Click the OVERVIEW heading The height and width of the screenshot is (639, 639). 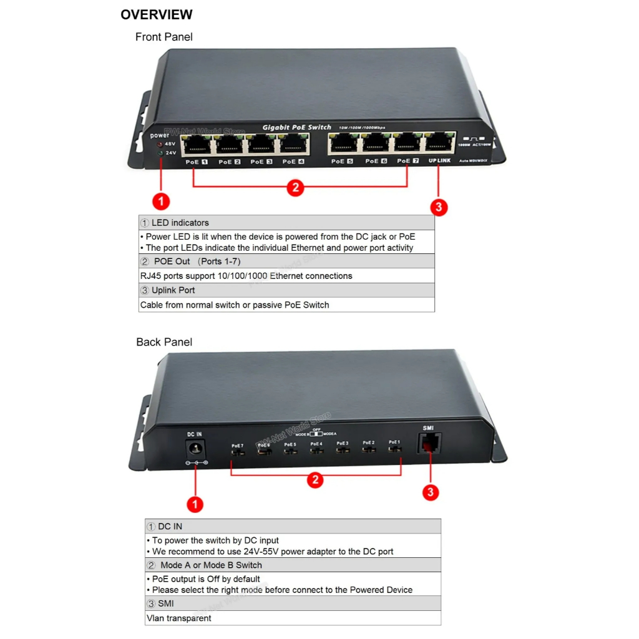156,14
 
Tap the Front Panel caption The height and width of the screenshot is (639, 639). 163,37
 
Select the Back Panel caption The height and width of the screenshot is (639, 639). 164,342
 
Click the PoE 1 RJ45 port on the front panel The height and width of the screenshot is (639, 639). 197,144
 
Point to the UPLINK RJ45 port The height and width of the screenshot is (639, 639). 439,144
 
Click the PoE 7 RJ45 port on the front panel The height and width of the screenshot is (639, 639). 407,144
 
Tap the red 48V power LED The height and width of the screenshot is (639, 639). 160,144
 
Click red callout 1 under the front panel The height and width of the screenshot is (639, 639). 161,201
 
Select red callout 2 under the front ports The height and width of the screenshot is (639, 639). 295,187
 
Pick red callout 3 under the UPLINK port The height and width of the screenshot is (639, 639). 439,207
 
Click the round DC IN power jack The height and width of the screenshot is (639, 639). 196,449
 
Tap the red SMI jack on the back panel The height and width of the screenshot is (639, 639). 429,444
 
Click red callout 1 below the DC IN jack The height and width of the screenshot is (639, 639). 195,504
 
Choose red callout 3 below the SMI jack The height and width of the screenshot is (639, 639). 430,492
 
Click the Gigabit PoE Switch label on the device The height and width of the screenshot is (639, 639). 296,127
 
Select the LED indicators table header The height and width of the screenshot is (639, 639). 180,223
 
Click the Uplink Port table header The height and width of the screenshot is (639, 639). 173,290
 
